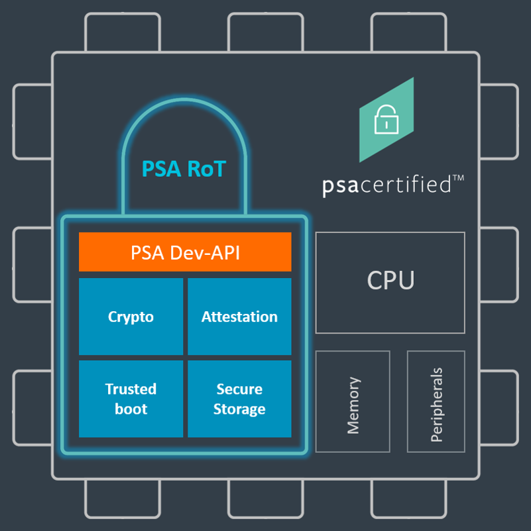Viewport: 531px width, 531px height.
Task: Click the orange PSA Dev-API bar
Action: (x=185, y=252)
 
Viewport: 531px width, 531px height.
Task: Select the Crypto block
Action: (x=131, y=316)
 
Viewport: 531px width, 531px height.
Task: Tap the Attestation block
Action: (x=239, y=316)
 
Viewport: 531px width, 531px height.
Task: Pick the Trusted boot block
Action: (x=131, y=399)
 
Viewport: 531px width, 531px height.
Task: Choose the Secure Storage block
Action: (x=239, y=399)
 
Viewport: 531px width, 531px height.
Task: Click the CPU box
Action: (x=390, y=281)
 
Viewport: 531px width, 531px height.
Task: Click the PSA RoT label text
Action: (x=184, y=169)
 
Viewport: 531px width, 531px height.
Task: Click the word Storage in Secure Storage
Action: (x=239, y=409)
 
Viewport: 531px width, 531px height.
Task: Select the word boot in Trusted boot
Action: (x=131, y=409)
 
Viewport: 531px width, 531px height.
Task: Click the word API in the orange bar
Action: (x=224, y=252)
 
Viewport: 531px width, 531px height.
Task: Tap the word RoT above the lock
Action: (x=204, y=169)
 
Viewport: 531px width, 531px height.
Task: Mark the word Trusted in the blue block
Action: (x=131, y=389)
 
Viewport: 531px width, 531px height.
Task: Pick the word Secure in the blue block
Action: (x=239, y=389)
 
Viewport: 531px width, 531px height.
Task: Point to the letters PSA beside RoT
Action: (x=160, y=169)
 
